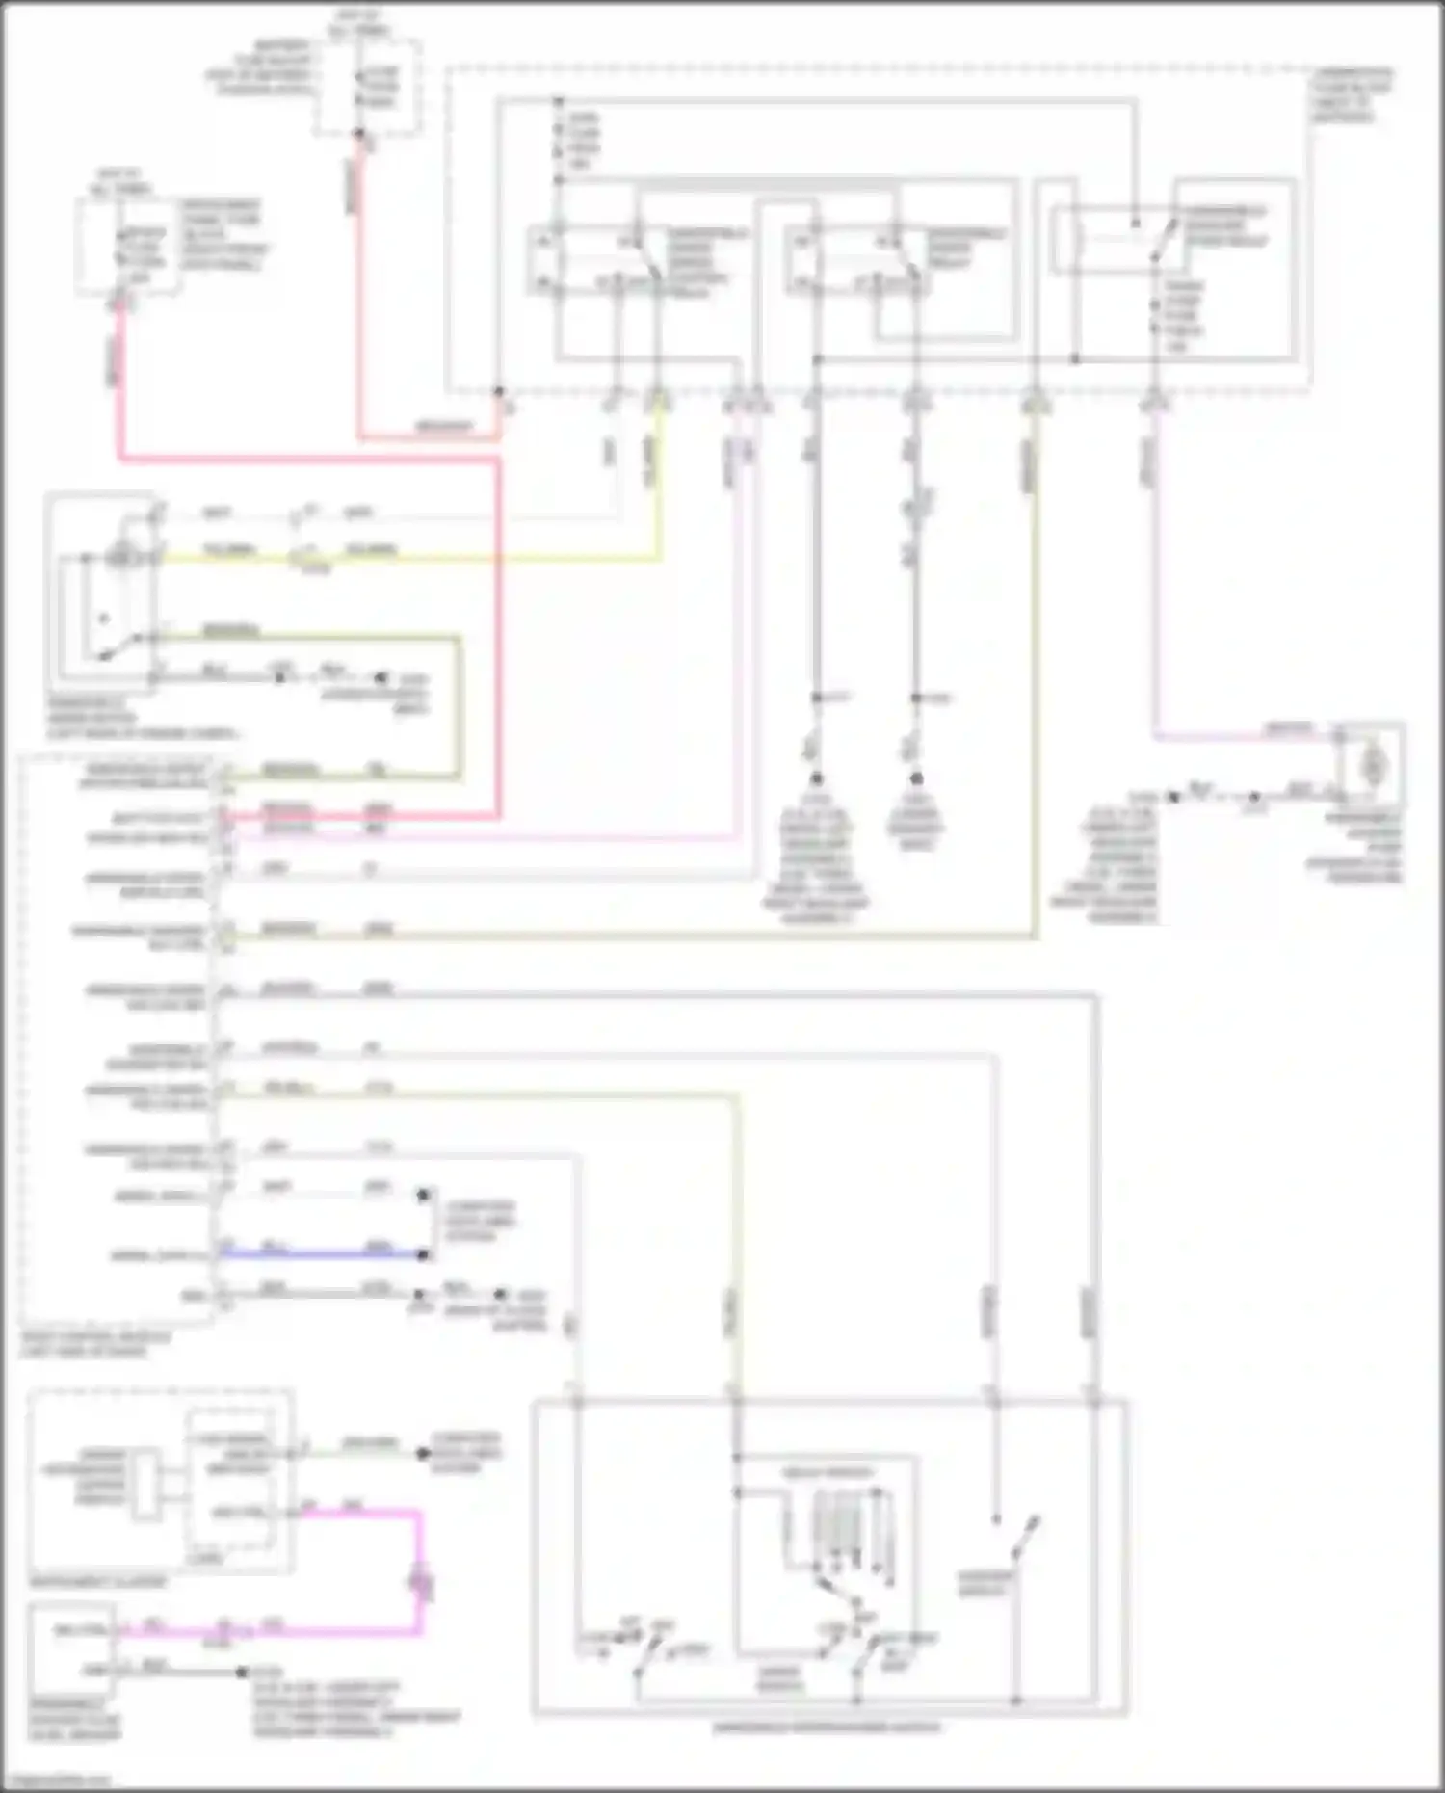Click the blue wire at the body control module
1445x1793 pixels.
[318, 1254]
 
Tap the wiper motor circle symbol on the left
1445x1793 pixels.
[121, 556]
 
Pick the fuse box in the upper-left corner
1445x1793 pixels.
[125, 247]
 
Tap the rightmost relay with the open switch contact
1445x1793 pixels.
[1170, 236]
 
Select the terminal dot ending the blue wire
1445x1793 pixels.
[422, 1254]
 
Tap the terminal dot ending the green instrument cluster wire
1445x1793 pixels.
[422, 1453]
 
